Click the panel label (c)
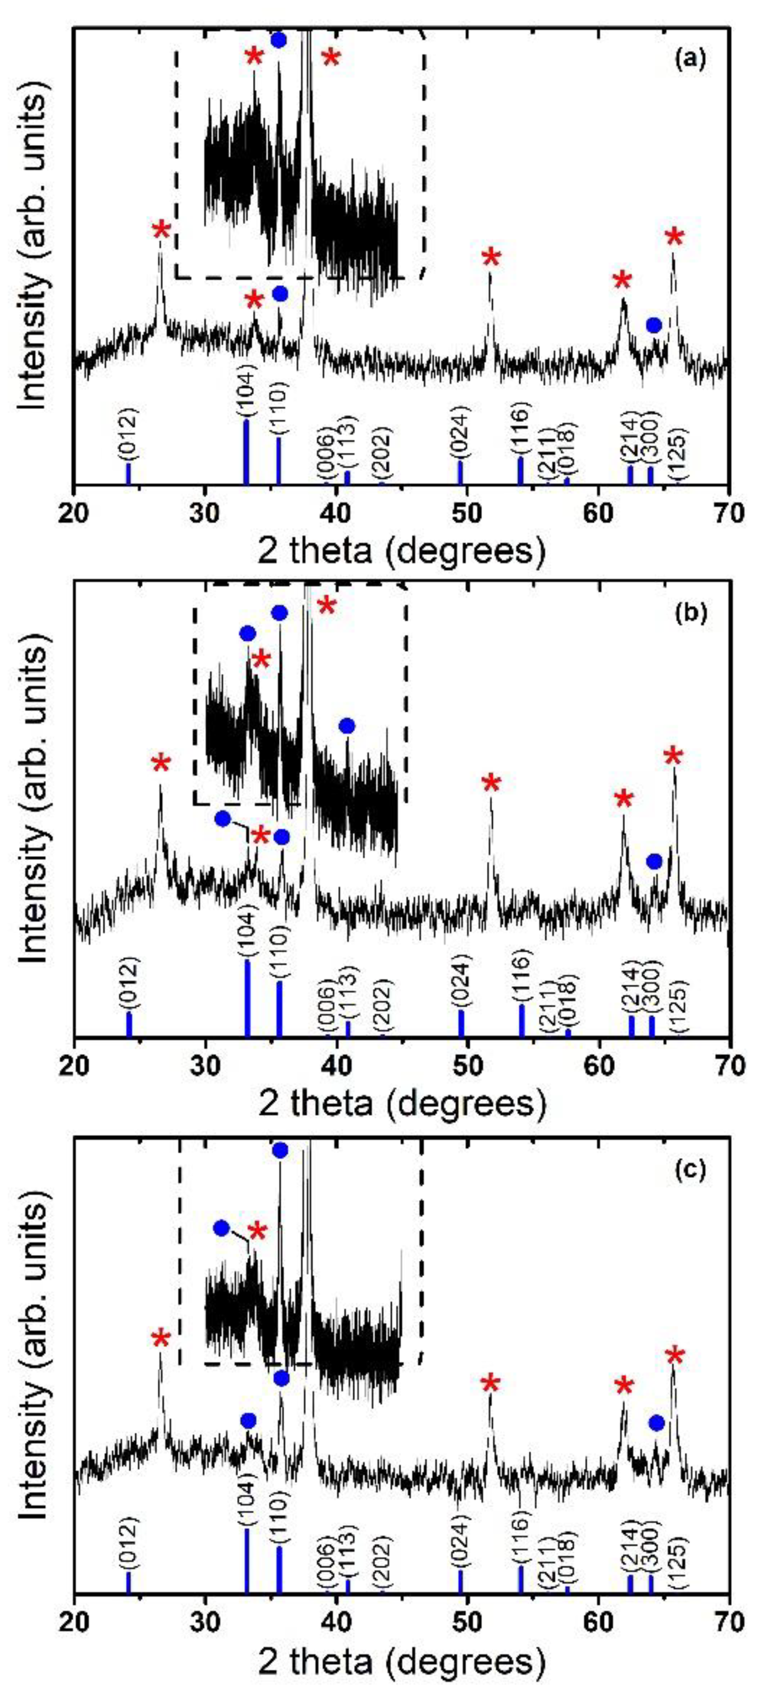pos(691,1169)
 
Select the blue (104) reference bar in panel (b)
pos(248,998)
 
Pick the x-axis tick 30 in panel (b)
pos(206,1065)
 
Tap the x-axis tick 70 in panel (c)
pos(728,1619)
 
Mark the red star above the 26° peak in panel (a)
pos(160,231)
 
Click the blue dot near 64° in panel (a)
pos(654,325)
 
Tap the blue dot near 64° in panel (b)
pos(654,861)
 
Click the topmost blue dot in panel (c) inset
pos(280,1150)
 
